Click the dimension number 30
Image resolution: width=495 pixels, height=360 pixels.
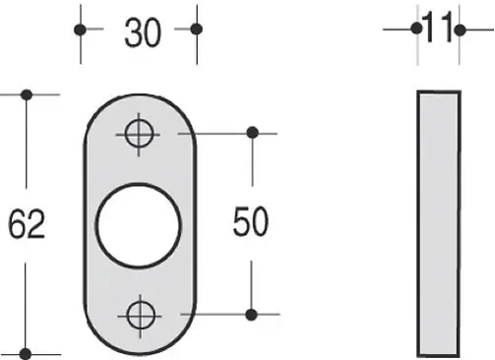pos(143,32)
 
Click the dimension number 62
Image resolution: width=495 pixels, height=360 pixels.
pos(27,224)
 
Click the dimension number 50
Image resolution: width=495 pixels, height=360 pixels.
pos(251,221)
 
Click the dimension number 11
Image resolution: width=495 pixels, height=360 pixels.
pos(438,28)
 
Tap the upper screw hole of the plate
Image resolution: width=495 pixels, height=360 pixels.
pos(140,134)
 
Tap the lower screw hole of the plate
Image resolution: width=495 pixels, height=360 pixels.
pos(141,316)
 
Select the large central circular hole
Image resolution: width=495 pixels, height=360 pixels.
pos(138,225)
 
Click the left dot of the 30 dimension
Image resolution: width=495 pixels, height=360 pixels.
pos(80,30)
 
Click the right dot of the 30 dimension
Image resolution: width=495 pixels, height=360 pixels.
pos(196,30)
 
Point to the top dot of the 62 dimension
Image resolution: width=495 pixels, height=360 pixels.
pos(27,95)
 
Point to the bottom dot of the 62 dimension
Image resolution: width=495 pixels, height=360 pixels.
pos(26,354)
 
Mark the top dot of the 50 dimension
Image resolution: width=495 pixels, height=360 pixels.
pos(252,133)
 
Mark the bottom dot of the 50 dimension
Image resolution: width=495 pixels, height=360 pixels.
pos(251,315)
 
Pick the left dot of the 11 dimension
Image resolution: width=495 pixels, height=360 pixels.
pos(416,29)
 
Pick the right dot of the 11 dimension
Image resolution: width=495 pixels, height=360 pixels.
pos(460,30)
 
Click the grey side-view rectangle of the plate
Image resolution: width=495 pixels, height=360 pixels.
pos(439,223)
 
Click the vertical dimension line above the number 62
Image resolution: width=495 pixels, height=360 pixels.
pos(27,142)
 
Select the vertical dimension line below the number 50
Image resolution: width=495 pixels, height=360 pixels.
pos(251,288)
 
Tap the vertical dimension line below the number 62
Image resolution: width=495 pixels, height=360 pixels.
pos(26,308)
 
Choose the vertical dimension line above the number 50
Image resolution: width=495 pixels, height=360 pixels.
pos(252,159)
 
